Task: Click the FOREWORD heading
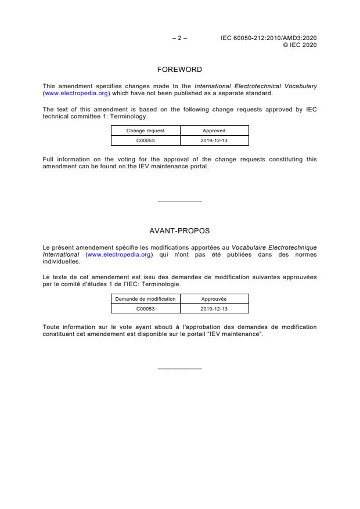click(x=179, y=70)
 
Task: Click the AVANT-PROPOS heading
click(x=179, y=231)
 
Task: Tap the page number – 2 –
click(x=179, y=38)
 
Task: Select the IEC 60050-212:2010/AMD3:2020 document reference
click(x=268, y=38)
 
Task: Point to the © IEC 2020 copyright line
click(x=299, y=45)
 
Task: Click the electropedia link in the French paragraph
click(x=119, y=254)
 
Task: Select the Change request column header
click(x=146, y=131)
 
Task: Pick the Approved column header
click(x=214, y=131)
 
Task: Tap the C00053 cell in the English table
click(x=146, y=140)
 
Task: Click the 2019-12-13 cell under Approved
click(x=214, y=140)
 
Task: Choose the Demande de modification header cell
click(x=146, y=299)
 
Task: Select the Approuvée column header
click(x=214, y=299)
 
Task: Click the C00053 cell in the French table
click(x=146, y=309)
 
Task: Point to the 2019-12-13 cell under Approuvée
click(x=214, y=309)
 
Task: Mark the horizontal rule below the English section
click(x=179, y=201)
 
